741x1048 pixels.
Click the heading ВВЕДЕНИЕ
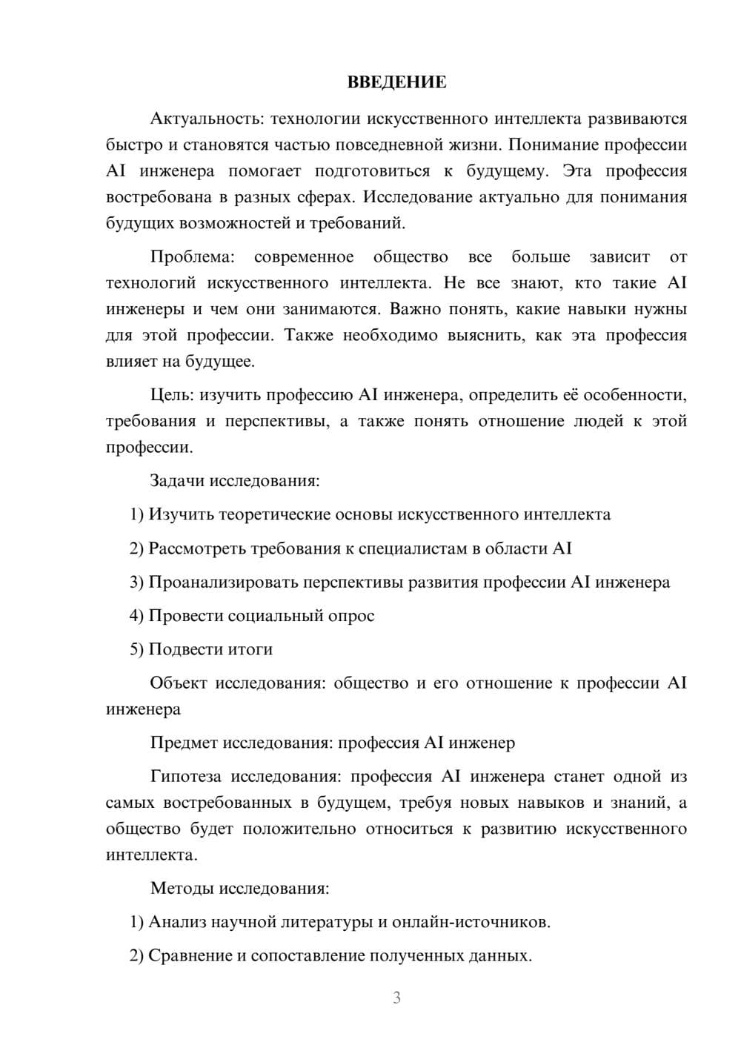pyautogui.click(x=396, y=82)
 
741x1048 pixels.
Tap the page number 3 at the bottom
pyautogui.click(x=396, y=998)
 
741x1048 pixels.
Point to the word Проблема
pyautogui.click(x=192, y=257)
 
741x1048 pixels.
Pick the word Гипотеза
pyautogui.click(x=185, y=777)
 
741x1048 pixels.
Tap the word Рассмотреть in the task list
pyautogui.click(x=197, y=548)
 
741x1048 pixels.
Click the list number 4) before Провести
pyautogui.click(x=136, y=616)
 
